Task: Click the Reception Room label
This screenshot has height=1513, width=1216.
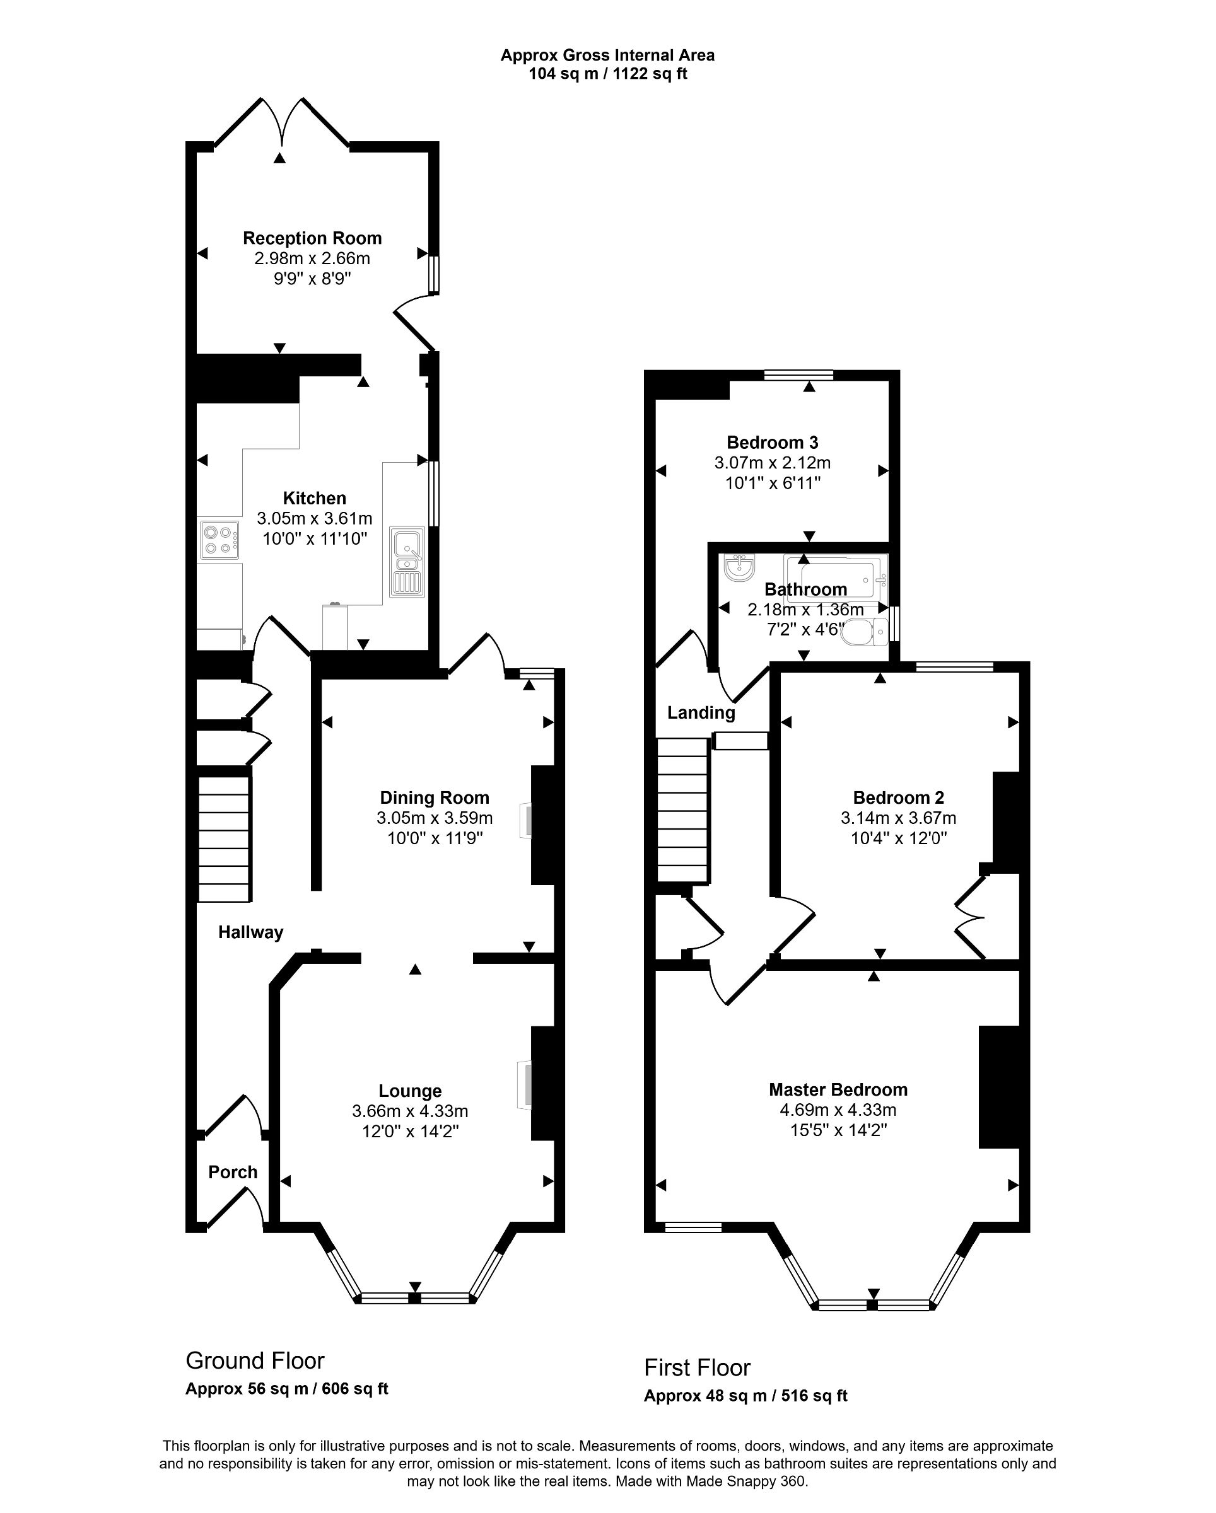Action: [312, 238]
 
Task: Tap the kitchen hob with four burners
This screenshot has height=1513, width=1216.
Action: [219, 540]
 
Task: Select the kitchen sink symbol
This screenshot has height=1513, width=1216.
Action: [407, 562]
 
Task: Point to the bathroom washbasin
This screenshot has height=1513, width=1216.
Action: [739, 568]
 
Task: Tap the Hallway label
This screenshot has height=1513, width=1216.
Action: [250, 932]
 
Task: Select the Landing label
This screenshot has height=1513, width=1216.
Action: [701, 713]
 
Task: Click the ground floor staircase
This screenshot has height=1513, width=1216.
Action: [224, 838]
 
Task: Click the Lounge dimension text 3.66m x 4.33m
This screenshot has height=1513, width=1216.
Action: [410, 1111]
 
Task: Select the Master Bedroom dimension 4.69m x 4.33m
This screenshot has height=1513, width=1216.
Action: [838, 1110]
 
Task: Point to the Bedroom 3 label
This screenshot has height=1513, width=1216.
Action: [772, 442]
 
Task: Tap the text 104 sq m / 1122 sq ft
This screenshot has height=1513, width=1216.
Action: [607, 74]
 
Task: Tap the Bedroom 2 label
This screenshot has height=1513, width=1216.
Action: [898, 797]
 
